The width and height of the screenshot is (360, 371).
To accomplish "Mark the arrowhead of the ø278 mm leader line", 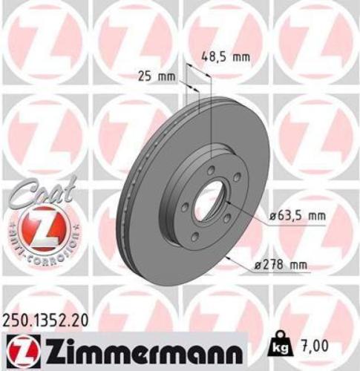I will pyautogui.click(x=229, y=257).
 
